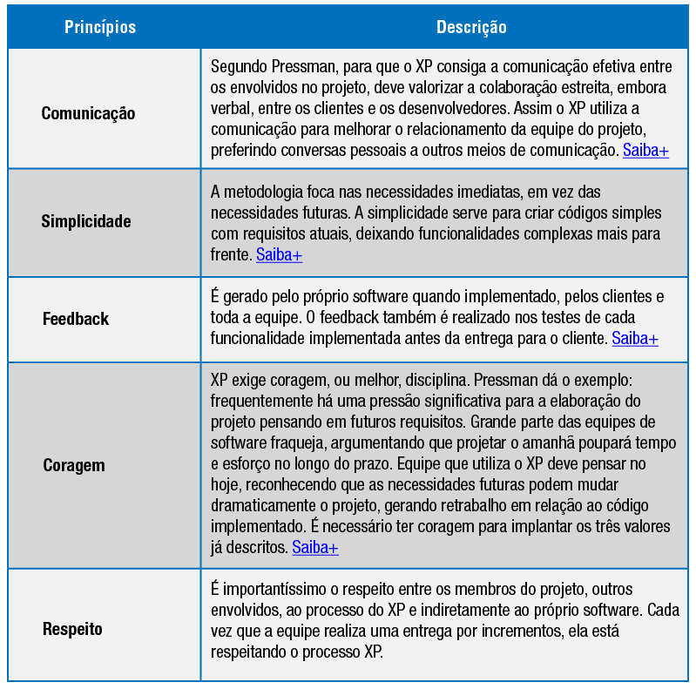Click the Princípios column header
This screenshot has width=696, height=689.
point(100,27)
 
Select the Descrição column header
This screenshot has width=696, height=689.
point(470,27)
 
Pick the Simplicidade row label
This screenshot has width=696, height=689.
point(86,221)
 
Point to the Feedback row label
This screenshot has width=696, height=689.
point(76,319)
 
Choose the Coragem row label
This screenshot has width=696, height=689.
point(74,465)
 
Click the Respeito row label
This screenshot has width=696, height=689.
point(72,628)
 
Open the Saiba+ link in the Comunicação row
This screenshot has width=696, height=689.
point(645,151)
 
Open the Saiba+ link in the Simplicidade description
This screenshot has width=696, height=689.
point(279,255)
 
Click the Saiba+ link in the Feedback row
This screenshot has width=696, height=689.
point(635,338)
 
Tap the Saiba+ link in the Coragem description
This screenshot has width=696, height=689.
point(315,547)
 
